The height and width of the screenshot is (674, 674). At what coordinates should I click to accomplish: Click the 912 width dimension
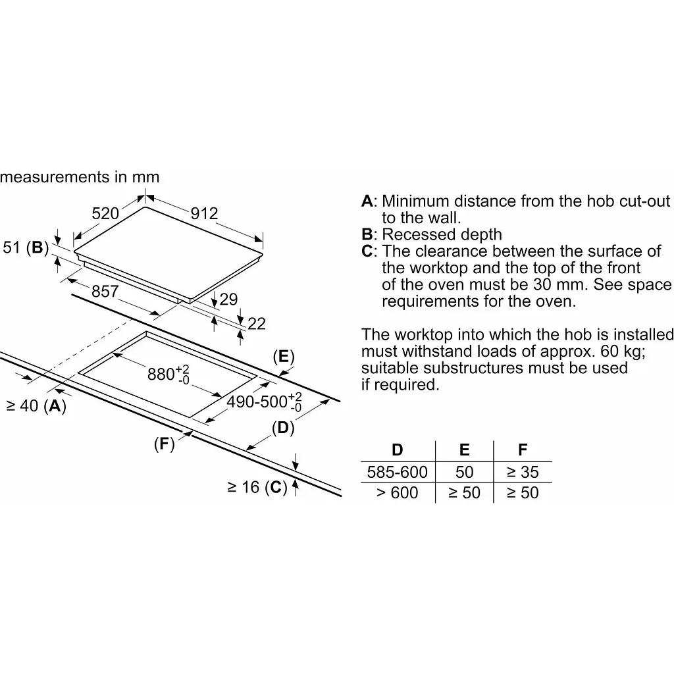(x=204, y=213)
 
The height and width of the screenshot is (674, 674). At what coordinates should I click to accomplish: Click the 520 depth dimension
(x=105, y=213)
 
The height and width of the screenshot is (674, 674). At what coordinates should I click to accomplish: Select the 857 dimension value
(x=105, y=292)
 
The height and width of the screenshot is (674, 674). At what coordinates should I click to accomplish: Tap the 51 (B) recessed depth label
(x=26, y=247)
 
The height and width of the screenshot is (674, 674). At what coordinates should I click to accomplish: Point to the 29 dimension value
(x=228, y=299)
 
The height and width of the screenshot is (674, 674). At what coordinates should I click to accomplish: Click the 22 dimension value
(x=257, y=324)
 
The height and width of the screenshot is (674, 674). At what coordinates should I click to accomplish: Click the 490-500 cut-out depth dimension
(x=264, y=402)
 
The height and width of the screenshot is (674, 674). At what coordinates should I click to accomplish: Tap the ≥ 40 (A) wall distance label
(x=36, y=405)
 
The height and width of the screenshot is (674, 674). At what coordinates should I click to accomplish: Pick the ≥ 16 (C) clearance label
(x=257, y=487)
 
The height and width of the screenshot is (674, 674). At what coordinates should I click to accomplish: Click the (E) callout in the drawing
(x=284, y=356)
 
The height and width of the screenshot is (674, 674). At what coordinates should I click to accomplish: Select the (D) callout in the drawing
(x=283, y=428)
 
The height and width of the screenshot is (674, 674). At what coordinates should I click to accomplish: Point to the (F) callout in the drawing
(x=164, y=444)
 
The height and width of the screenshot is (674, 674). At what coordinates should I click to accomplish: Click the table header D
(x=397, y=450)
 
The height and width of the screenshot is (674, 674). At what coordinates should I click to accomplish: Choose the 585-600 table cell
(x=397, y=472)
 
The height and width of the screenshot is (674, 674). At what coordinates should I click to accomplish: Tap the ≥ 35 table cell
(x=523, y=472)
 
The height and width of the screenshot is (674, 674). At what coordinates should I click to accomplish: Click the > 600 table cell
(x=397, y=492)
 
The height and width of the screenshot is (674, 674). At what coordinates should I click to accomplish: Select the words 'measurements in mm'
(x=80, y=176)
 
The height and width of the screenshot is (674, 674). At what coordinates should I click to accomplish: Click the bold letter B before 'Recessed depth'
(x=367, y=234)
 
